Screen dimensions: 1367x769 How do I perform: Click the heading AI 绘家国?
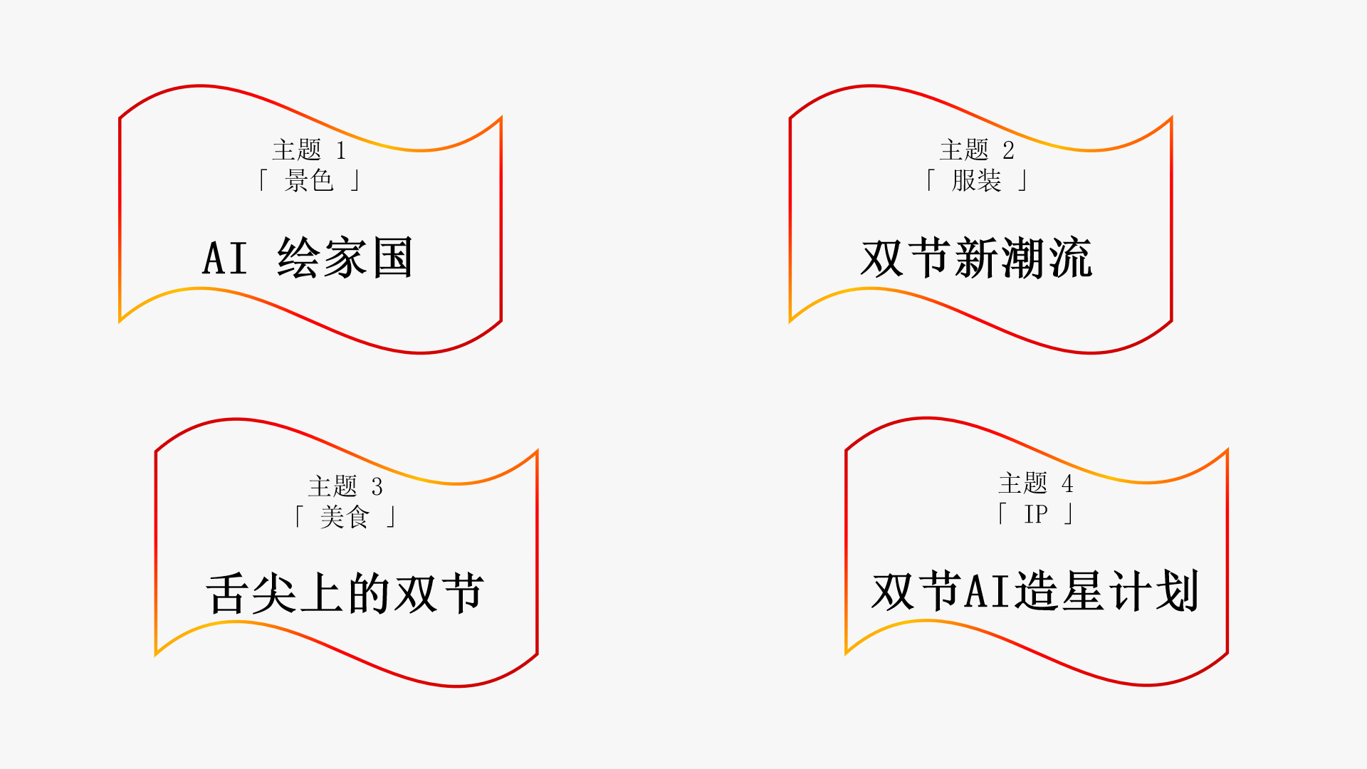point(308,257)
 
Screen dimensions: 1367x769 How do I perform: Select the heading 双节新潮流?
point(976,258)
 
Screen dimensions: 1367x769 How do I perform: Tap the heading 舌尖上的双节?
point(345,593)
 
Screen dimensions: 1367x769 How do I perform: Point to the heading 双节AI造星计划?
point(1035,591)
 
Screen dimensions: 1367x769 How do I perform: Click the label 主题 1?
point(309,150)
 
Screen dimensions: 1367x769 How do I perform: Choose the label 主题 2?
point(976,150)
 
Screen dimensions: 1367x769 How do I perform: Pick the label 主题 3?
point(345,486)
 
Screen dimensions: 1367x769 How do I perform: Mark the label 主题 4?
point(1035,483)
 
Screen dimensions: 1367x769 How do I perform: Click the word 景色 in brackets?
point(309,180)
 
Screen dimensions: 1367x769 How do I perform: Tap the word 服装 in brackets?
point(976,180)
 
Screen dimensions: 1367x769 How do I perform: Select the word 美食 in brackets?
point(345,516)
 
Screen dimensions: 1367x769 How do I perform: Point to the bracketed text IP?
point(1036,513)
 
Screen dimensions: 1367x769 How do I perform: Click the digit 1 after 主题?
point(341,150)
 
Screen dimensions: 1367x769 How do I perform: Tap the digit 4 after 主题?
point(1067,483)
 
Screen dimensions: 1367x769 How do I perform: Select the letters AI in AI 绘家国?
point(225,258)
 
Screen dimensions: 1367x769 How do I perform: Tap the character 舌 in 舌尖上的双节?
point(227,594)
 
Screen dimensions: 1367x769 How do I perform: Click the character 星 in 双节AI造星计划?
point(1082,591)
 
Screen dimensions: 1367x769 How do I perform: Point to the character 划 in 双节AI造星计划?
point(1178,591)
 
